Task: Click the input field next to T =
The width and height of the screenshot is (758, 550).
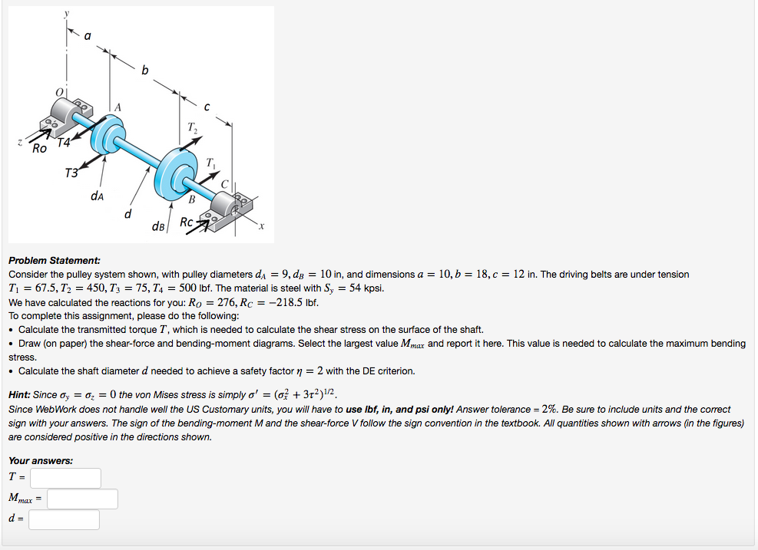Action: (66, 478)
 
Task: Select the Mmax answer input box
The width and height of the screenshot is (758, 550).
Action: (82, 499)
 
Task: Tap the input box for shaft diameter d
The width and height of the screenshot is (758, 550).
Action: (65, 520)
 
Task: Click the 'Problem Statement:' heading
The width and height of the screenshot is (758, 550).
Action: (55, 261)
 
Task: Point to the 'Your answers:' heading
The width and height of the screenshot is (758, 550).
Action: (41, 460)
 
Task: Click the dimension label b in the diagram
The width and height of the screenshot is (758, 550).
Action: (144, 71)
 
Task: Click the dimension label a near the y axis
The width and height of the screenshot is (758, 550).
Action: (87, 35)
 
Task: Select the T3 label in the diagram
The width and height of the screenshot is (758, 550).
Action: (71, 172)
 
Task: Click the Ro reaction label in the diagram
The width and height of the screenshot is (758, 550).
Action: (40, 147)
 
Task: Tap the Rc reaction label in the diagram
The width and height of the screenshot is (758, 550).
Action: (186, 222)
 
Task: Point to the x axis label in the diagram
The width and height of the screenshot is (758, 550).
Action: (261, 226)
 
